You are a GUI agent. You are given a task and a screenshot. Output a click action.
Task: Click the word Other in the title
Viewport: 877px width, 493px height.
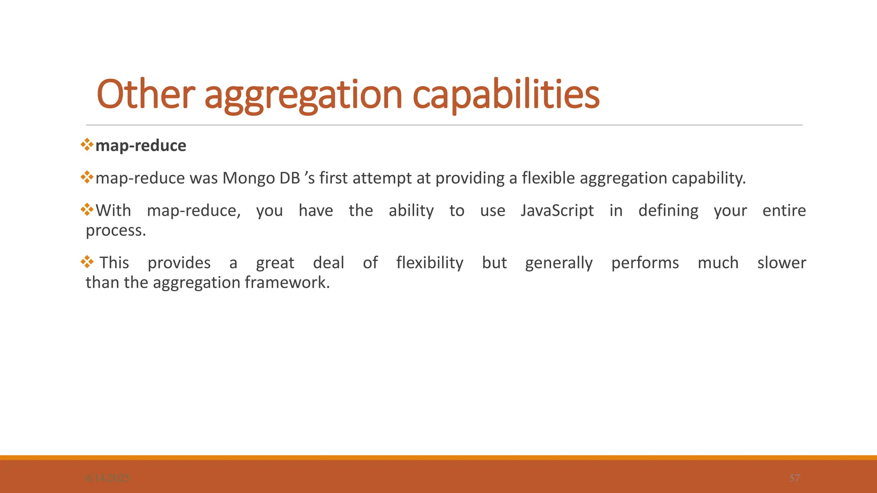pyautogui.click(x=146, y=95)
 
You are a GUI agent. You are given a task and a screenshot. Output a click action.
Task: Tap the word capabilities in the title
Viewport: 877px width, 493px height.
pyautogui.click(x=506, y=95)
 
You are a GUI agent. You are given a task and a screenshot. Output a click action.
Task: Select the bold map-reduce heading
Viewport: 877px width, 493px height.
pyautogui.click(x=140, y=146)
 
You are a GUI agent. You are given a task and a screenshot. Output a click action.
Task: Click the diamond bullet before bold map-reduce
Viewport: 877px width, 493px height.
pyautogui.click(x=87, y=144)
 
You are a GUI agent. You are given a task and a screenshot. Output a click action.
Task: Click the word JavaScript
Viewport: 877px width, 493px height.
pyautogui.click(x=557, y=211)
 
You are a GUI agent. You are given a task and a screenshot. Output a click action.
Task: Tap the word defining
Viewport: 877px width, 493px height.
pyautogui.click(x=668, y=211)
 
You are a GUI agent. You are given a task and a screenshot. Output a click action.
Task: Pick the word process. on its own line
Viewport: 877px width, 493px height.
pyautogui.click(x=116, y=231)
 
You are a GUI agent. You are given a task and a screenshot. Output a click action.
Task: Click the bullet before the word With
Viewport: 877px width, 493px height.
pyautogui.click(x=87, y=210)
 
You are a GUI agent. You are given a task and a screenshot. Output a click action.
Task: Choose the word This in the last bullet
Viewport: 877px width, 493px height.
pyautogui.click(x=114, y=263)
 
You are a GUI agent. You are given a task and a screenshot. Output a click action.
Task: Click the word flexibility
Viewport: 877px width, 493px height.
pyautogui.click(x=430, y=263)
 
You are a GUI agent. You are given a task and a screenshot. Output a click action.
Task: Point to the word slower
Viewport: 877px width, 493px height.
pyautogui.click(x=781, y=263)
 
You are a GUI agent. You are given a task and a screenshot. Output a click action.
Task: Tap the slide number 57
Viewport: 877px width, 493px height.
pyautogui.click(x=794, y=478)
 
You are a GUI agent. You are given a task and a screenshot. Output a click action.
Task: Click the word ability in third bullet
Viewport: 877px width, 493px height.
pyautogui.click(x=411, y=211)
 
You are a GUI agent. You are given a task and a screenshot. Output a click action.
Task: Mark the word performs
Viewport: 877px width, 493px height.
pyautogui.click(x=645, y=263)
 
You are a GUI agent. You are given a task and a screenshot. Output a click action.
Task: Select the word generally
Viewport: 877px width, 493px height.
pyautogui.click(x=559, y=263)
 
